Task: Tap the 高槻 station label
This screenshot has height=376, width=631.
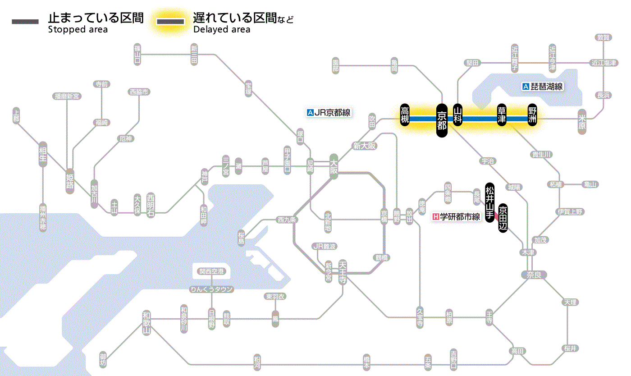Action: click(405, 115)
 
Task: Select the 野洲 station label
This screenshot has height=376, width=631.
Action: click(533, 116)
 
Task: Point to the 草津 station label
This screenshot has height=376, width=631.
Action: click(502, 116)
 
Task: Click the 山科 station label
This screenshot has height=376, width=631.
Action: click(458, 116)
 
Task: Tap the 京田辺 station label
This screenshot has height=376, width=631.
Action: click(503, 217)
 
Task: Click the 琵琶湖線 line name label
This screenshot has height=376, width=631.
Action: click(543, 87)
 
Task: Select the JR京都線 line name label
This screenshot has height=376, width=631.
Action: click(328, 113)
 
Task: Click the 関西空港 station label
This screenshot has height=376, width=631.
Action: click(212, 271)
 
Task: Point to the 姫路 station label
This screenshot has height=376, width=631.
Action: click(70, 181)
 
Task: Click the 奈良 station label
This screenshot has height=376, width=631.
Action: click(533, 275)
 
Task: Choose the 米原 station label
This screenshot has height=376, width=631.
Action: click(582, 122)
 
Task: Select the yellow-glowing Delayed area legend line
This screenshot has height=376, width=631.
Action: click(171, 21)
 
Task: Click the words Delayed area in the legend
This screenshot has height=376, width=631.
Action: click(221, 30)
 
